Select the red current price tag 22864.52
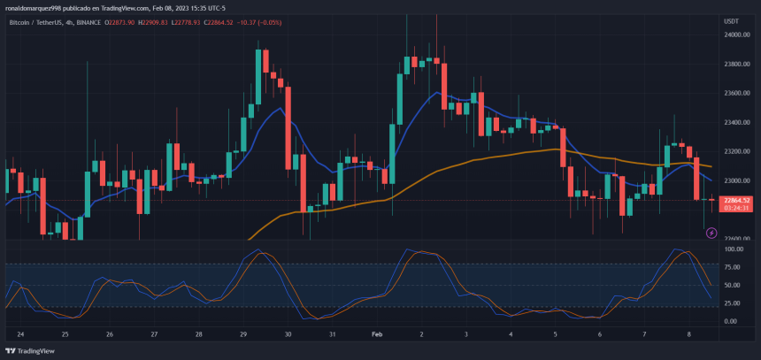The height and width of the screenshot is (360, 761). pos(736,200)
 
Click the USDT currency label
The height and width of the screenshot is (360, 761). pos(732,20)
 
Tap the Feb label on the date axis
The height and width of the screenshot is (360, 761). pos(377,335)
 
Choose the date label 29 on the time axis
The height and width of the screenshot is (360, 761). pos(243,335)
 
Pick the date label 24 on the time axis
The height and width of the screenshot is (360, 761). pos(20,335)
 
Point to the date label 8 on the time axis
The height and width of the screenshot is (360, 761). pos(689,335)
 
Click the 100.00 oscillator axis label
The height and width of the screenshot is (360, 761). pos(733,249)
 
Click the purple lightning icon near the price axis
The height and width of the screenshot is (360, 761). pos(711,233)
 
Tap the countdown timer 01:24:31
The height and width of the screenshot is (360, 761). pos(736,208)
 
